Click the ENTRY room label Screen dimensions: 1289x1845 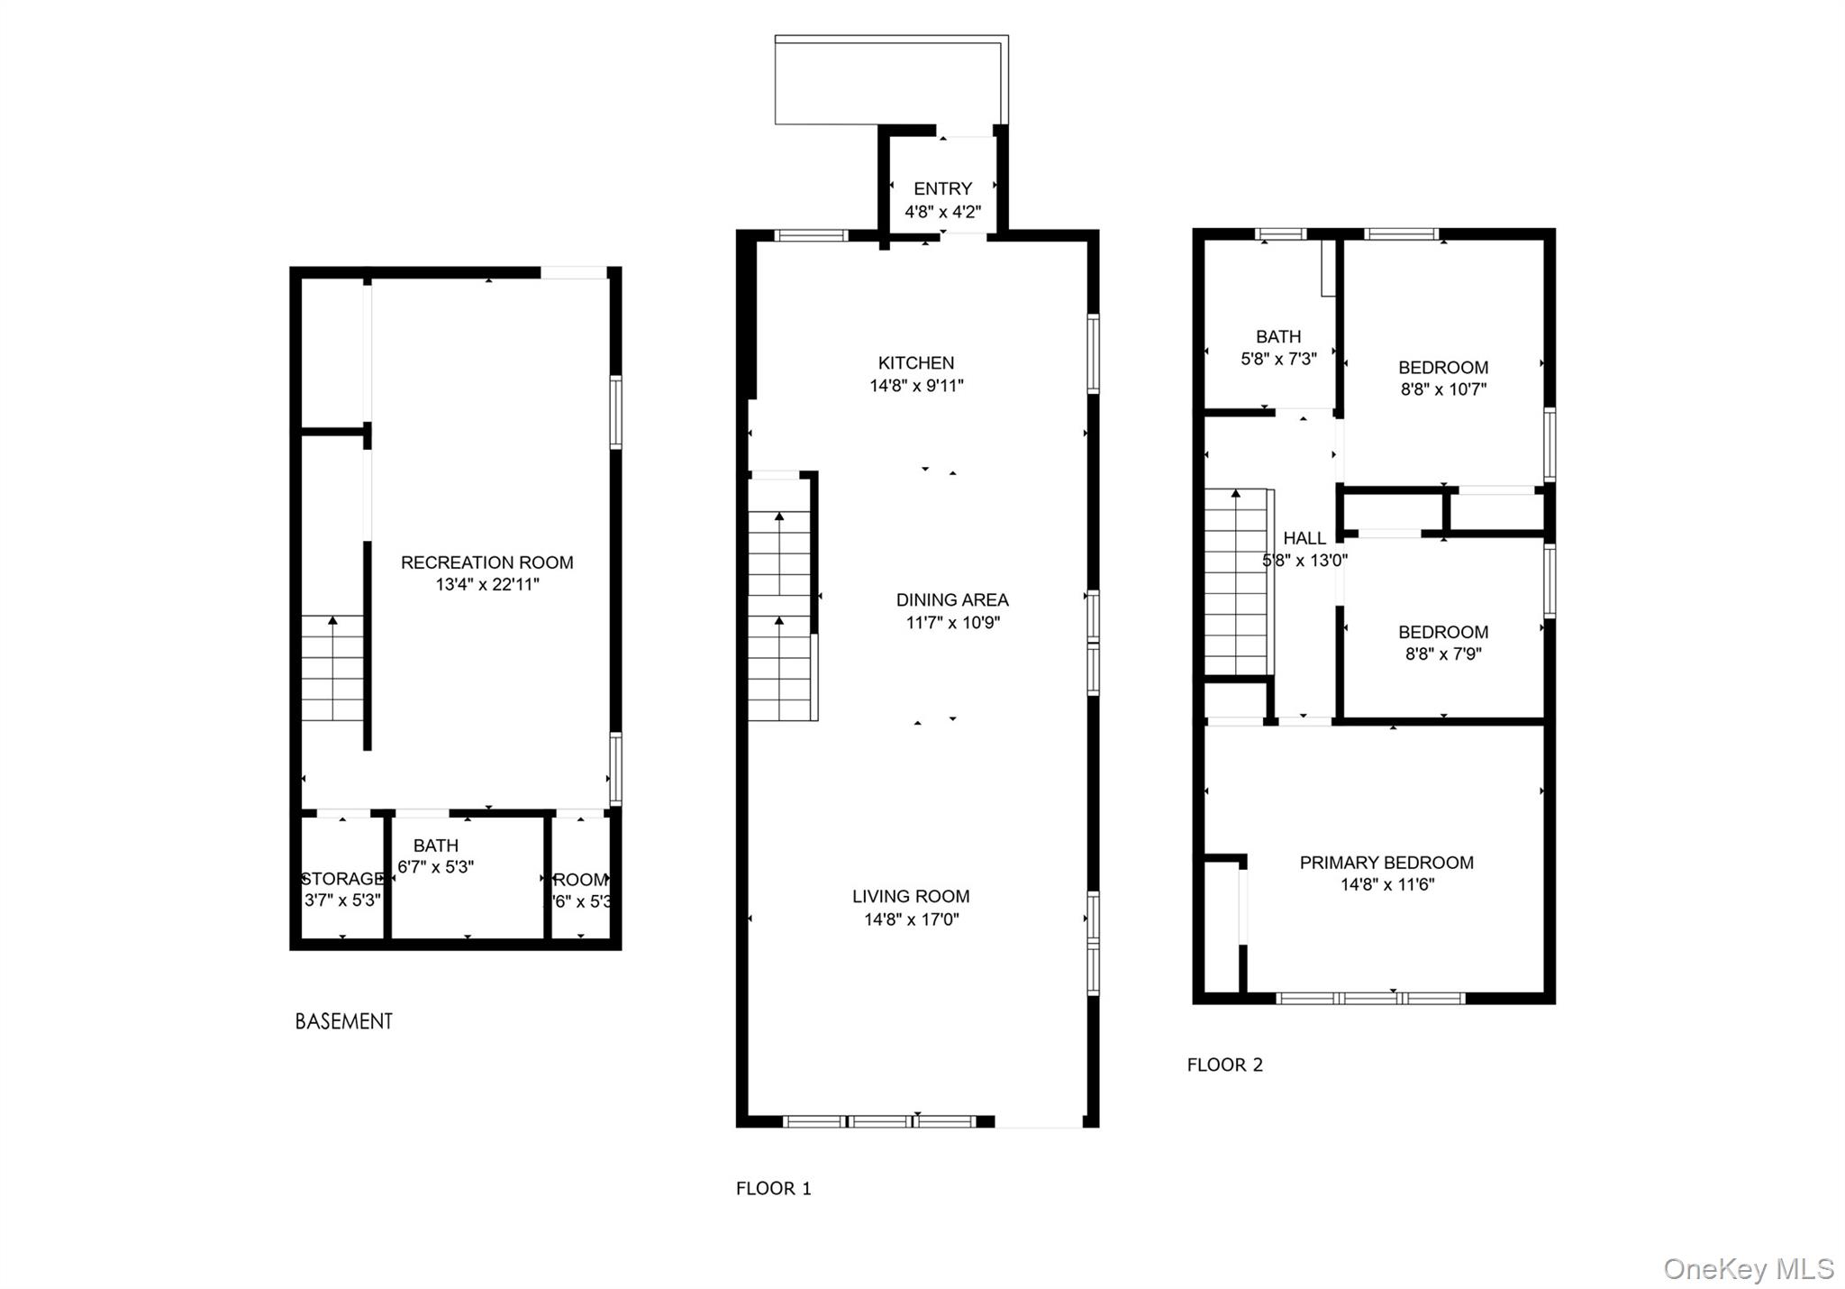[x=942, y=188]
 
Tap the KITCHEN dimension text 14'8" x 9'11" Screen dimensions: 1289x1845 [x=916, y=386]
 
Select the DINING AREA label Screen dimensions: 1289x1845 [x=952, y=599]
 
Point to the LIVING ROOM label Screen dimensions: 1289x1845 [x=911, y=896]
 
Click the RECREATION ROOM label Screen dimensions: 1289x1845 [x=486, y=562]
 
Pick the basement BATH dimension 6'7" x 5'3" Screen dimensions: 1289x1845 [x=436, y=867]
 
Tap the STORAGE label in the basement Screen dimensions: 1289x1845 [x=342, y=879]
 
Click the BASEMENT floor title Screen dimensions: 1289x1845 [x=344, y=1021]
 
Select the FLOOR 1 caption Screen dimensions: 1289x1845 [x=773, y=1189]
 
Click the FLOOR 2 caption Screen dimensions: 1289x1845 [x=1224, y=1065]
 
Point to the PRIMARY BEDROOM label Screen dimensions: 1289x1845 [x=1386, y=863]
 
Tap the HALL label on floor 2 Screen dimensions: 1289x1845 [x=1304, y=538]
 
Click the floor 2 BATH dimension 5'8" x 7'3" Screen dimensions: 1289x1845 [x=1278, y=359]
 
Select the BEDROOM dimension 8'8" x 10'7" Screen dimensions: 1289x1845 [x=1442, y=389]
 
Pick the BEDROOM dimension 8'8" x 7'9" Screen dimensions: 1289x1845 [x=1442, y=654]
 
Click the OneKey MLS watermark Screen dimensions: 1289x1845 [x=1748, y=1269]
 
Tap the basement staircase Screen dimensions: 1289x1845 [x=332, y=667]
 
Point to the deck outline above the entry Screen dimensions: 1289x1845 [x=890, y=81]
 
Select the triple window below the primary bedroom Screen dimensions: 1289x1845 [x=1370, y=998]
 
